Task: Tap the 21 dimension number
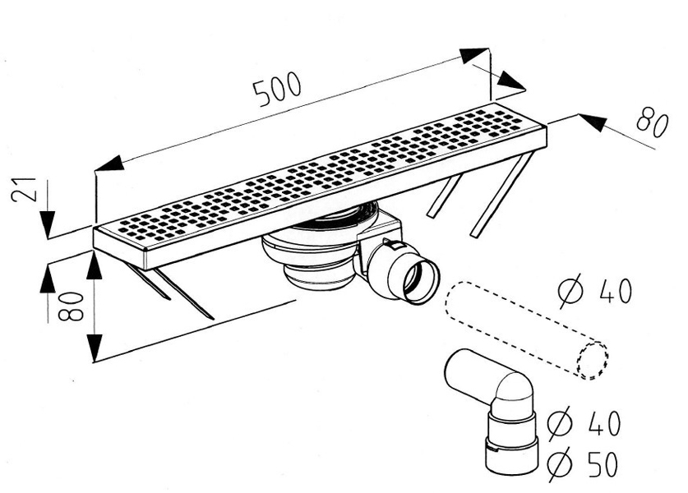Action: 24,189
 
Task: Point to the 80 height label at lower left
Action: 71,306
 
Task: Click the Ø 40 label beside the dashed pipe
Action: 595,290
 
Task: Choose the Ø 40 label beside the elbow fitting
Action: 584,422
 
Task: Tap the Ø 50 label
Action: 583,463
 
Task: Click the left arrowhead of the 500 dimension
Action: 109,164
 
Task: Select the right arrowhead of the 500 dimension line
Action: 474,55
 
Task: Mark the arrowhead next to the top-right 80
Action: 592,122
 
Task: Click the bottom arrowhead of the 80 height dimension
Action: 94,348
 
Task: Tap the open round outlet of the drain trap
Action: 421,281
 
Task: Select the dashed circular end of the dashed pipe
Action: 593,361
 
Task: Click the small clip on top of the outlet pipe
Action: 392,244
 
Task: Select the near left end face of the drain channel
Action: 119,248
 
